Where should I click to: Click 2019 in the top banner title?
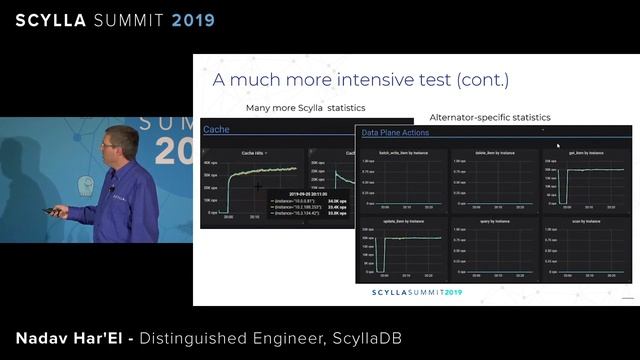pyautogui.click(x=186, y=19)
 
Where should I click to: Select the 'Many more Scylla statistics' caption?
pyautogui.click(x=305, y=107)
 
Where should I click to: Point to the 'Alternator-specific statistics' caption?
pyautogui.click(x=489, y=117)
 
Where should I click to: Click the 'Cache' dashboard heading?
pyautogui.click(x=216, y=129)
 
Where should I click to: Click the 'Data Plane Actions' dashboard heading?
pyautogui.click(x=395, y=132)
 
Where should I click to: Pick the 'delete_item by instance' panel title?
pyautogui.click(x=494, y=153)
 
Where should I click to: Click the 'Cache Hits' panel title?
pyautogui.click(x=252, y=153)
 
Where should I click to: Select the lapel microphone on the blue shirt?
pyautogui.click(x=112, y=187)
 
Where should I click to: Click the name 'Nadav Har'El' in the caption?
pyautogui.click(x=68, y=339)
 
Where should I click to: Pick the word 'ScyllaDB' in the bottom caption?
pyautogui.click(x=366, y=339)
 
